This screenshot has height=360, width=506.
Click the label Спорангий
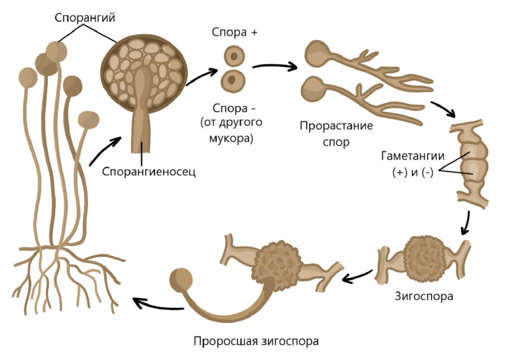(85, 18)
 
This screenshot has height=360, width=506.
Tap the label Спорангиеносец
(149, 172)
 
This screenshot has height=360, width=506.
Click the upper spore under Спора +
(234, 56)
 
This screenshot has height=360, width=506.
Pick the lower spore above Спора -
(233, 80)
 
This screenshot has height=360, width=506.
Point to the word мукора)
(234, 138)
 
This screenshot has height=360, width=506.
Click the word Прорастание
(336, 126)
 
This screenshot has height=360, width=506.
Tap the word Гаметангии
(409, 156)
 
